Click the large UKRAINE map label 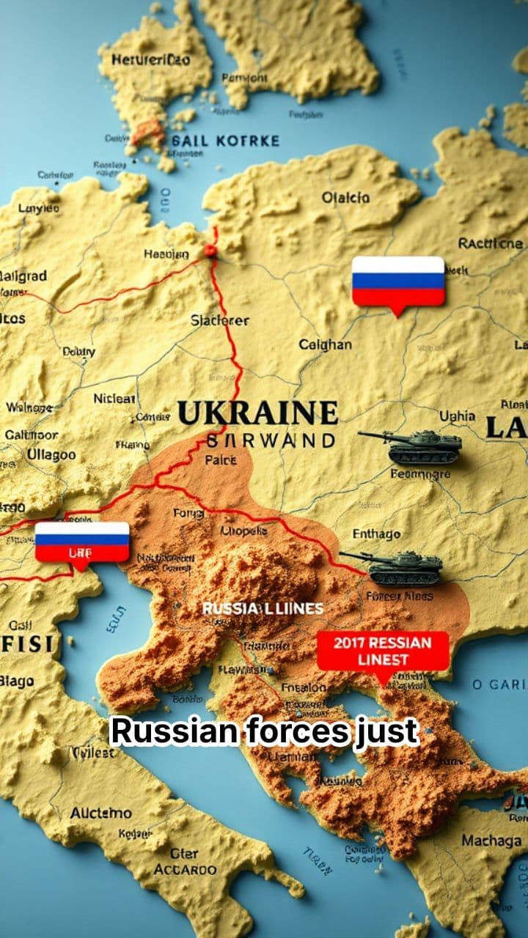coord(257,413)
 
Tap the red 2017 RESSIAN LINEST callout coord(382,651)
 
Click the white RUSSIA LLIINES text coord(263,609)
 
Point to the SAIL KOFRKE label coord(224,140)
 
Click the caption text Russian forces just coord(264,731)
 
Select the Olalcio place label coord(345,198)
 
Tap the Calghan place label coord(325,344)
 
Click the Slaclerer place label coord(220,320)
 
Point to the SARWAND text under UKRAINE coord(271,440)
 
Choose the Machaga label coord(491,841)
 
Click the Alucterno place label coord(100,813)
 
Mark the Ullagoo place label coord(51,454)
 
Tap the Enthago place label coord(377,533)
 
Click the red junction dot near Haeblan coord(211,251)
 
